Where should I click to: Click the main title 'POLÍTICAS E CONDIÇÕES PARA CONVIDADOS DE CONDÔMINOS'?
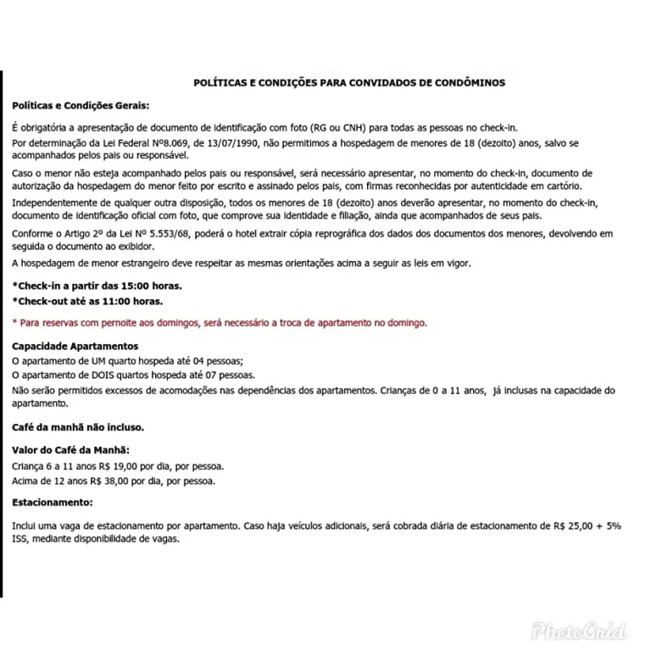click(349, 83)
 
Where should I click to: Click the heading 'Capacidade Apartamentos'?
click(75, 347)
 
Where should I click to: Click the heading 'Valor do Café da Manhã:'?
click(71, 450)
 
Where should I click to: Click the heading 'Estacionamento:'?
click(52, 503)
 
